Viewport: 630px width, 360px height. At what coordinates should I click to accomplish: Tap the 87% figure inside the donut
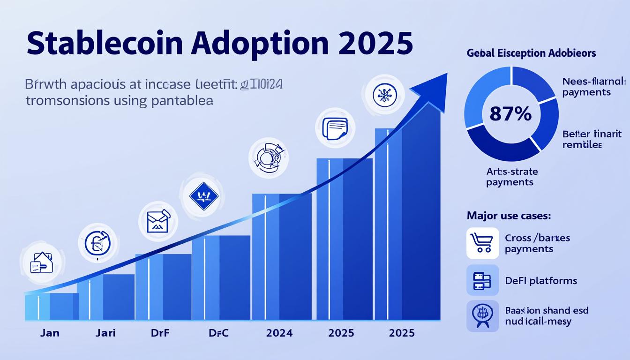[510, 114]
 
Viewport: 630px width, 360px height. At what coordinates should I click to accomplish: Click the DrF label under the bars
[160, 333]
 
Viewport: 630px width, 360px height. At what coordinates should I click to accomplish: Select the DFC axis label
[218, 333]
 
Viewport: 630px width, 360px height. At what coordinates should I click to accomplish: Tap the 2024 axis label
[279, 333]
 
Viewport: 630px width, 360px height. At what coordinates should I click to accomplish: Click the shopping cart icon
[482, 243]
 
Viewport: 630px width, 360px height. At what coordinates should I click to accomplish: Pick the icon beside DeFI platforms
[482, 280]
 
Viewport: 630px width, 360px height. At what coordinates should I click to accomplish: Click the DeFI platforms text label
[541, 281]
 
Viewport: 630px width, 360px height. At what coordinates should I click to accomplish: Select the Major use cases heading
[509, 216]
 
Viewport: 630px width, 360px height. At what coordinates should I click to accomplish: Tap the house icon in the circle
[41, 263]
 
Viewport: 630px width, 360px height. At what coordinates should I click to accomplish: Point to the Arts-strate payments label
[511, 177]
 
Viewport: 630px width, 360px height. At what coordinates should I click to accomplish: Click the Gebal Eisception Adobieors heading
[531, 53]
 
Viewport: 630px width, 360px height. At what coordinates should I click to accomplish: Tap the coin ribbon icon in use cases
[482, 315]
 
